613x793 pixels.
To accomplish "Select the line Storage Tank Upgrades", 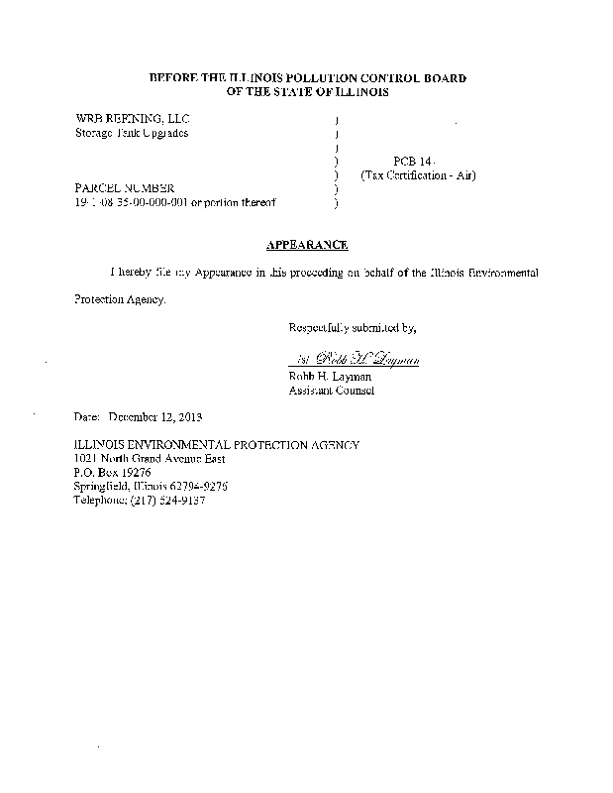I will coord(132,133).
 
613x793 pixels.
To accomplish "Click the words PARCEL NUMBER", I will coord(125,187).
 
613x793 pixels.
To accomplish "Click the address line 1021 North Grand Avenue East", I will coord(150,459).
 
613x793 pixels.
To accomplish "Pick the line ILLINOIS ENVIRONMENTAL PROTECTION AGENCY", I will coord(217,445).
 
